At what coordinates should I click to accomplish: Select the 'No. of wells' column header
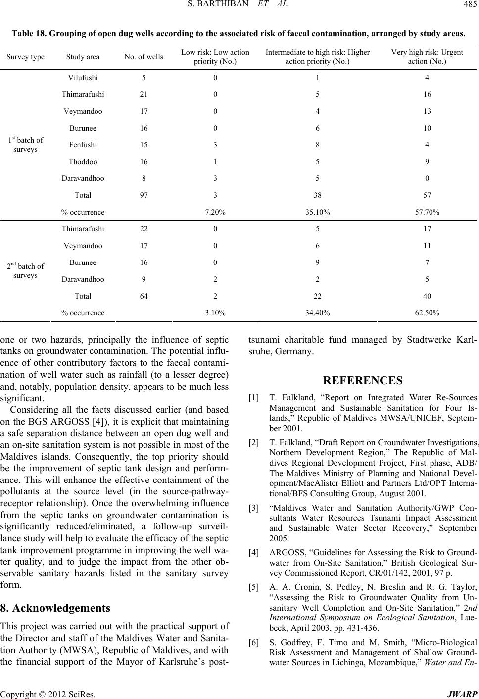click(144, 57)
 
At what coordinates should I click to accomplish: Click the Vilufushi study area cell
click(83, 77)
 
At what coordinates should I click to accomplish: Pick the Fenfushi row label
click(83, 145)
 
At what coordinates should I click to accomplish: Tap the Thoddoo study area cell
click(83, 162)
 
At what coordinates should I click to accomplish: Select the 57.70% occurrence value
click(427, 212)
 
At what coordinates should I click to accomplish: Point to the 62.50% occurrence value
click(427, 313)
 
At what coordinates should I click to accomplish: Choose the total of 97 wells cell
click(144, 195)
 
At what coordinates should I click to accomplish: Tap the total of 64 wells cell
click(144, 296)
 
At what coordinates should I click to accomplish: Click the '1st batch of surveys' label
click(25, 144)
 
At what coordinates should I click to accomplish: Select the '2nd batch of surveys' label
click(25, 270)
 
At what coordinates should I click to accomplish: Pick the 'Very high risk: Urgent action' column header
click(427, 57)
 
